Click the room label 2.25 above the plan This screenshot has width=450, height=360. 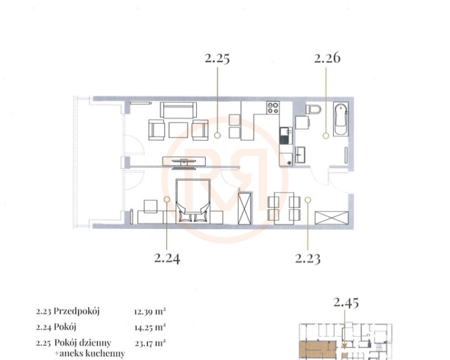(x=217, y=58)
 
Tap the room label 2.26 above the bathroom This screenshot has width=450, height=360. (x=327, y=57)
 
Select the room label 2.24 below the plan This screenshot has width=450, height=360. (x=167, y=258)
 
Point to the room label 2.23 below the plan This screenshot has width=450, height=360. (x=307, y=258)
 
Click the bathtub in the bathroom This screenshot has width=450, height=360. (x=341, y=119)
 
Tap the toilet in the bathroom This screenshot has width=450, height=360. (x=313, y=109)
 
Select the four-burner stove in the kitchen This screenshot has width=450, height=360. (x=272, y=108)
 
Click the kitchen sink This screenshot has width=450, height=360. (x=286, y=136)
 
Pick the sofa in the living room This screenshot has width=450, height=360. (x=179, y=110)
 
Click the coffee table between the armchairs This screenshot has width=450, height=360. (x=178, y=130)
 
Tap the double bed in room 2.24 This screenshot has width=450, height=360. (x=193, y=201)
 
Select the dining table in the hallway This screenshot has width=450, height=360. (x=284, y=208)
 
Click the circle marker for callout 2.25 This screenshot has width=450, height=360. (x=217, y=135)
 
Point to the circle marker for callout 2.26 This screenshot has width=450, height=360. (x=326, y=136)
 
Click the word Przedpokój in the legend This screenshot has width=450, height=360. (x=77, y=311)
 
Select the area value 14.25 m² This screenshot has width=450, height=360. (x=150, y=327)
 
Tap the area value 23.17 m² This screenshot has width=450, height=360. (x=150, y=342)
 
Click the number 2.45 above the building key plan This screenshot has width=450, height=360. (x=346, y=302)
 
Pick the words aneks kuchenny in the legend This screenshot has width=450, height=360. (x=92, y=353)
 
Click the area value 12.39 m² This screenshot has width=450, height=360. (x=150, y=311)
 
